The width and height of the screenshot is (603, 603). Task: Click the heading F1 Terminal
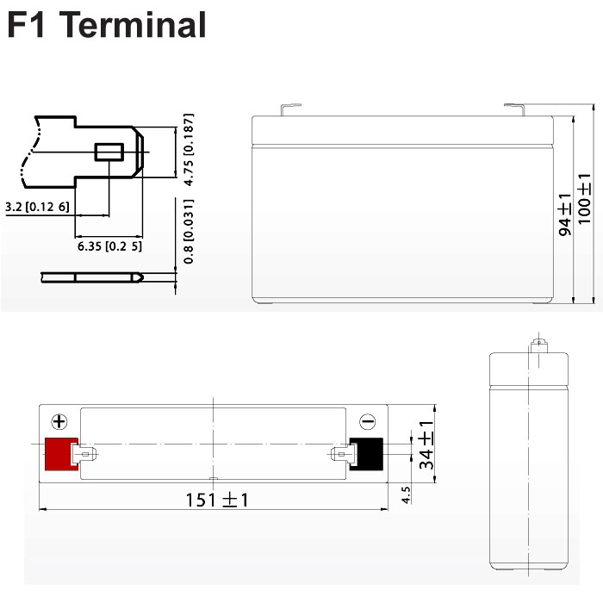(107, 25)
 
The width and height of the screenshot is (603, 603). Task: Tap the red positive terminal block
(61, 454)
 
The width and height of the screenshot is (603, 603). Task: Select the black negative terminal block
(366, 454)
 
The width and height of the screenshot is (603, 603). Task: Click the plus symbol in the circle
(59, 421)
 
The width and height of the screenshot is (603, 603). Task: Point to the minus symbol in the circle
(367, 421)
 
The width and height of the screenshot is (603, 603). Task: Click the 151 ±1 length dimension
(217, 500)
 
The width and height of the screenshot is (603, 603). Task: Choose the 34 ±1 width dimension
(426, 445)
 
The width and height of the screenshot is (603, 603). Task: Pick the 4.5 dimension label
(406, 495)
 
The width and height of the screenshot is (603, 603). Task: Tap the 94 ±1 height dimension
(565, 214)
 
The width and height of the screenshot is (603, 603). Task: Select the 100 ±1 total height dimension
(584, 199)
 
